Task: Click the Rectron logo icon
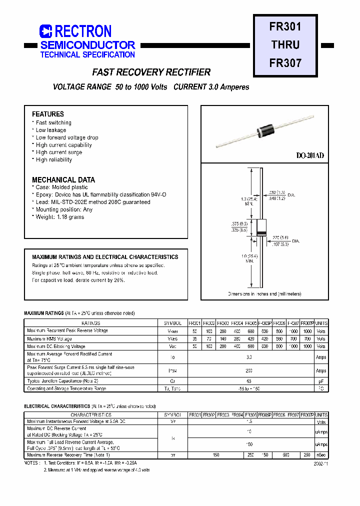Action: [x=46, y=31]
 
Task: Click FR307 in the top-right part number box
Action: [x=285, y=63]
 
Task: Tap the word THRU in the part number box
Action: [x=285, y=44]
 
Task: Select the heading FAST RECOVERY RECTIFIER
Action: [x=151, y=72]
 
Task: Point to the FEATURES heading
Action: [x=48, y=114]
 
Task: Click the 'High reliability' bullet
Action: [x=53, y=160]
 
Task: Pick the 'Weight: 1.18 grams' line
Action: [x=59, y=217]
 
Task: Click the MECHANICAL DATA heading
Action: [x=63, y=180]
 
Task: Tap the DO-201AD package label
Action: [x=310, y=156]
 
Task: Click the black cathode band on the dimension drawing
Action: [x=260, y=234]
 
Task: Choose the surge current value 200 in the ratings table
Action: [x=248, y=371]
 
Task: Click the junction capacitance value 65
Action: [x=248, y=381]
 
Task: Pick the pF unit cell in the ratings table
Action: [x=321, y=381]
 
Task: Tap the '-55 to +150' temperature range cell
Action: [x=248, y=388]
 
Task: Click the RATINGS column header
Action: [x=90, y=323]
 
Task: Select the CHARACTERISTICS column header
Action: [x=90, y=415]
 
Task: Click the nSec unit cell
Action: [x=321, y=455]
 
